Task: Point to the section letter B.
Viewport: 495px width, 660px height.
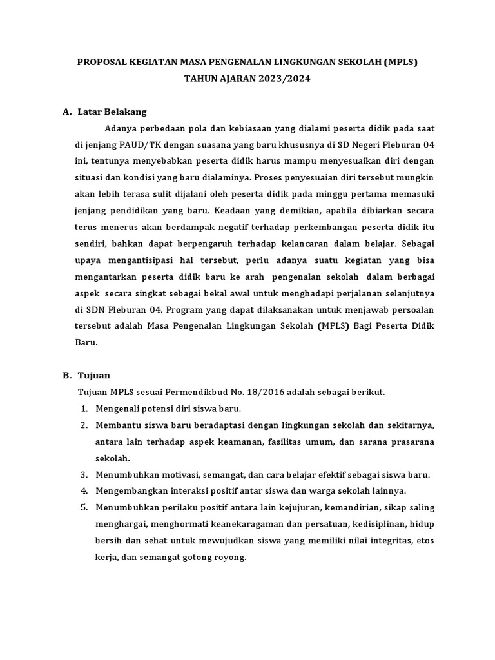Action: point(66,375)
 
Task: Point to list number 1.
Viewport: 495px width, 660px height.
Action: point(84,409)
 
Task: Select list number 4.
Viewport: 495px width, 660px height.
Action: point(84,491)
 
